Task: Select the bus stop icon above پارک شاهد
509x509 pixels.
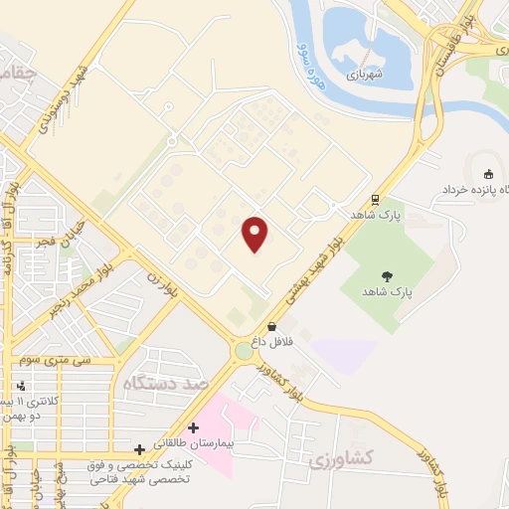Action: [x=375, y=199]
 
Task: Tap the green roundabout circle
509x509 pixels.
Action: [x=244, y=351]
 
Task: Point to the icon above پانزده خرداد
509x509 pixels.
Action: [x=486, y=166]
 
